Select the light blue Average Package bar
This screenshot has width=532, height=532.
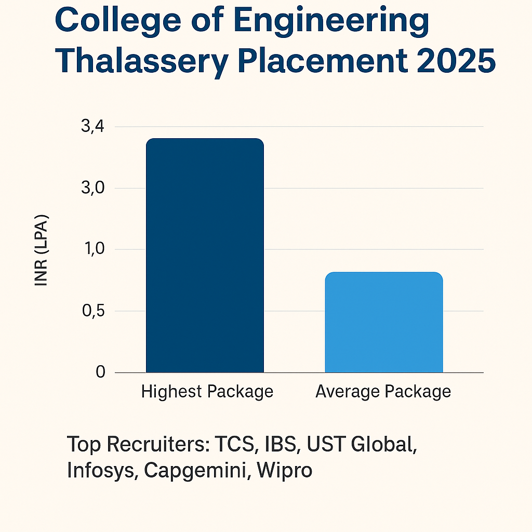384,322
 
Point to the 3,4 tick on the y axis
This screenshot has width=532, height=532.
94,126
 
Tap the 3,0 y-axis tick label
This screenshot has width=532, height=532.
94,188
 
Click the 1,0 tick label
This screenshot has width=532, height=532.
94,249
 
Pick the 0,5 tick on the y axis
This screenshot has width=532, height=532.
94,311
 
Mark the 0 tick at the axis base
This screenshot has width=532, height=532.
100,373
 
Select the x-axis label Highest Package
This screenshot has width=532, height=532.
207,391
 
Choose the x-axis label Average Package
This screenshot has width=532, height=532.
383,391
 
